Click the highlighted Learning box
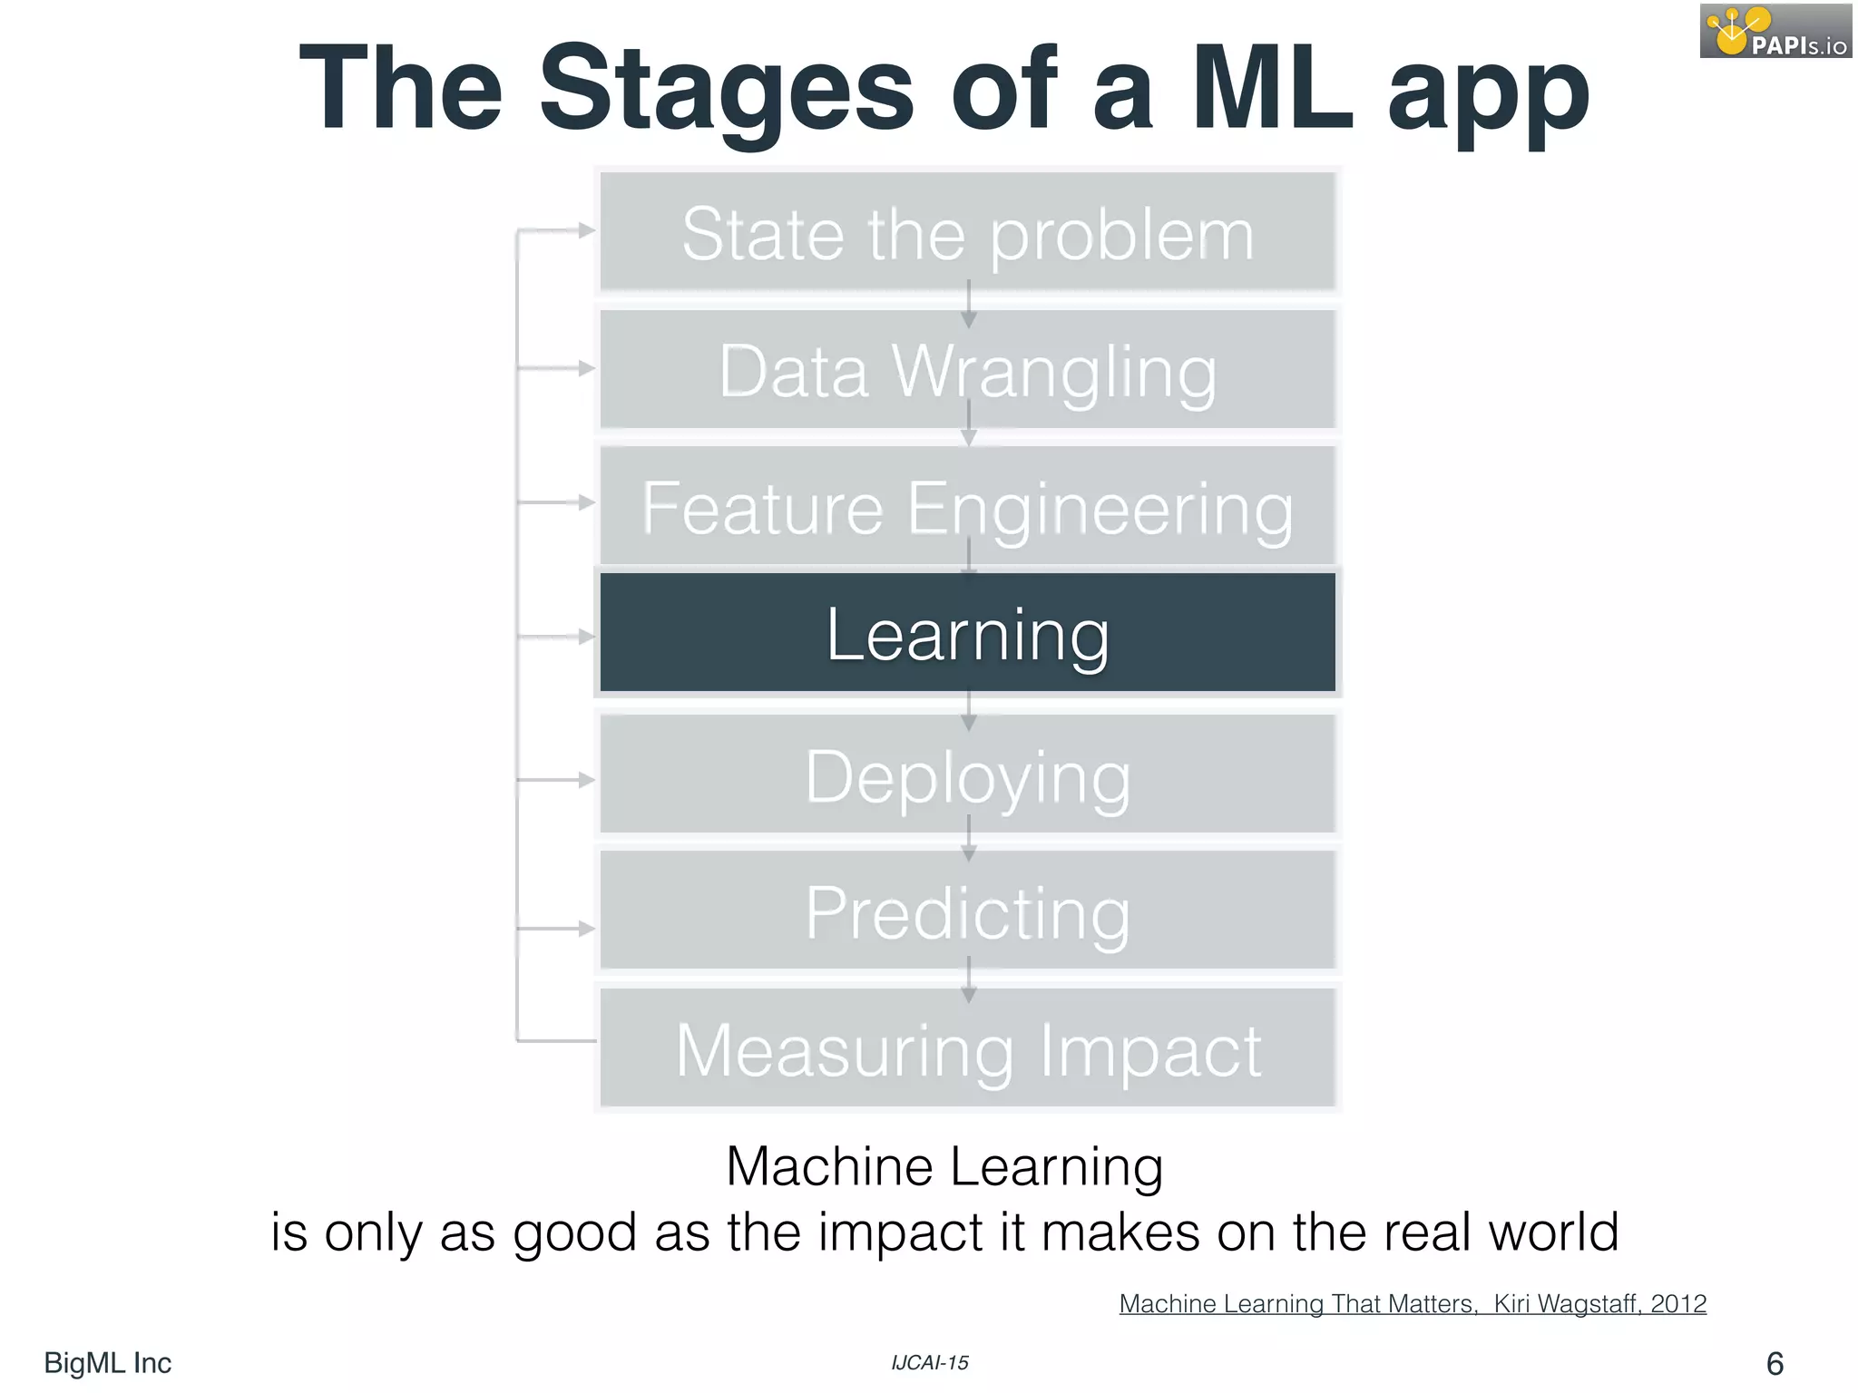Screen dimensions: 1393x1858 tap(967, 633)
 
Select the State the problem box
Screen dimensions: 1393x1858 tap(967, 232)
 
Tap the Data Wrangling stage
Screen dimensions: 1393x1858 tap(967, 370)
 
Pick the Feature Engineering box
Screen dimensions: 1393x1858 tap(967, 506)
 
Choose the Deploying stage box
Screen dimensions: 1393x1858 tap(967, 774)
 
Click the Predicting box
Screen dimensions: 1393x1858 tap(967, 911)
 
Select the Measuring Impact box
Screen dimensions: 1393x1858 tap(967, 1048)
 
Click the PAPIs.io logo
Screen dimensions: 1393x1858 tap(1775, 31)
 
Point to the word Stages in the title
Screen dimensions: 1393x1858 tap(726, 91)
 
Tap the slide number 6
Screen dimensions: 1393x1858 tap(1775, 1363)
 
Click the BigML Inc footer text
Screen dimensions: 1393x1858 tap(107, 1363)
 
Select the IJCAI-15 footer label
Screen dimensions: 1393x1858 tap(929, 1363)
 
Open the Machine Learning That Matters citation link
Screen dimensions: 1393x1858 tap(1412, 1304)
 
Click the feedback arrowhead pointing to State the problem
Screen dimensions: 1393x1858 tap(586, 231)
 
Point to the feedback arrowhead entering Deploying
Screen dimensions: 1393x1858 tap(586, 780)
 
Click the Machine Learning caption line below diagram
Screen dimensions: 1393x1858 tap(944, 1166)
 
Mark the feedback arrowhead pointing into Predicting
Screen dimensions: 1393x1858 tap(586, 929)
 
